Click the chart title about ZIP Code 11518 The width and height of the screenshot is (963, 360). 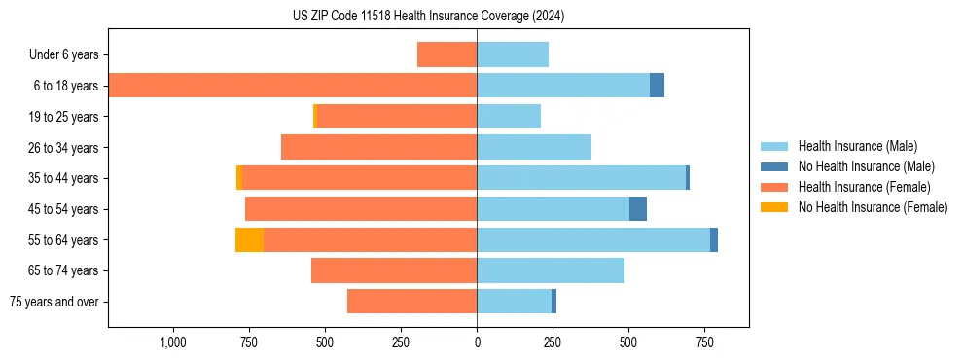click(428, 17)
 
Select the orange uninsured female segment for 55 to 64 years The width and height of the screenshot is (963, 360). click(249, 239)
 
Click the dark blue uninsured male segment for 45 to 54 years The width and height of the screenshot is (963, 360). click(638, 208)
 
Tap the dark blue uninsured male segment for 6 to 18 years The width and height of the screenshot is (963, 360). click(657, 85)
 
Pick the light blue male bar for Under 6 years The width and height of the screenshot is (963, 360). click(513, 54)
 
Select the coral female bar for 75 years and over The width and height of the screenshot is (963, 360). click(411, 302)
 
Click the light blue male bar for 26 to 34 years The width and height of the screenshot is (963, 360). click(534, 147)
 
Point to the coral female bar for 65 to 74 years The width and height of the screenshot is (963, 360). click(394, 270)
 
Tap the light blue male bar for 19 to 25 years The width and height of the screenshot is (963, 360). click(509, 116)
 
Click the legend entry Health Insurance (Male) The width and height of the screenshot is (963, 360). click(857, 146)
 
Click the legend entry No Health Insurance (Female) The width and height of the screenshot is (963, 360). click(873, 207)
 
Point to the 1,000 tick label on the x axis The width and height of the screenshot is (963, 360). click(172, 342)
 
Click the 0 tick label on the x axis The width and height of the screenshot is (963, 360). click(477, 342)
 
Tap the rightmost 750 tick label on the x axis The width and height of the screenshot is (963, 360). click(705, 342)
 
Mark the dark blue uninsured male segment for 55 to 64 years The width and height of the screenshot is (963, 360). click(714, 239)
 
